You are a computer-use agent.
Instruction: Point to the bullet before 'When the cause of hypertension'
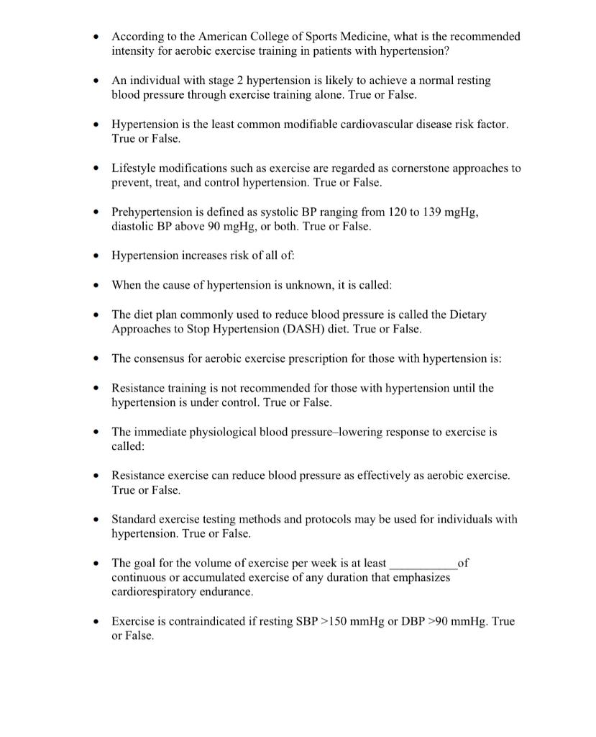coord(96,286)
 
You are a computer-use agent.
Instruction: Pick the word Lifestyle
coord(134,168)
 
